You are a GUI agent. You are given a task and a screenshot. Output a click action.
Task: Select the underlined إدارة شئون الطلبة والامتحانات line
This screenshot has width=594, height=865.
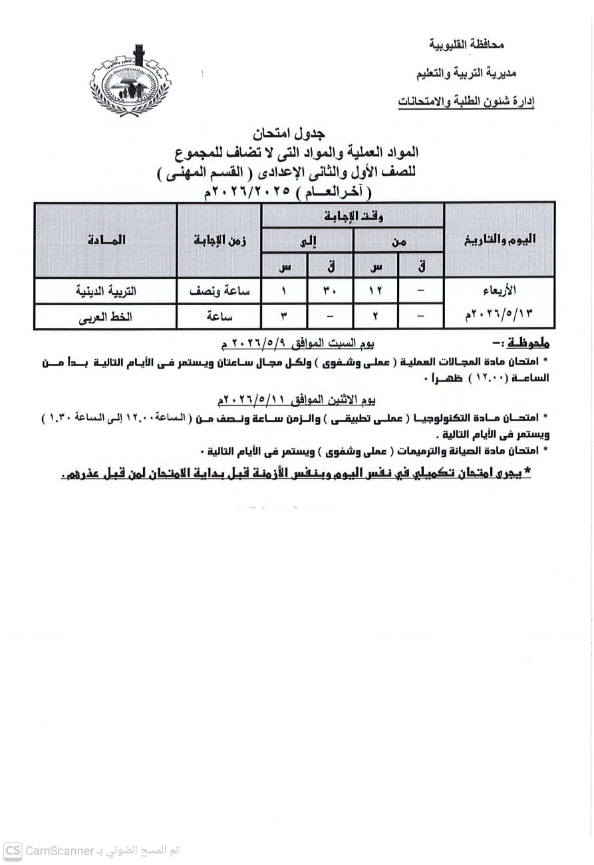[466, 102]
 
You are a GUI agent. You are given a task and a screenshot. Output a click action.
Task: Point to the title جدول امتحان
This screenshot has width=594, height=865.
[296, 134]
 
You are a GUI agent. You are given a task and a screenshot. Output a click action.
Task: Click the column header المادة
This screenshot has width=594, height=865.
[106, 240]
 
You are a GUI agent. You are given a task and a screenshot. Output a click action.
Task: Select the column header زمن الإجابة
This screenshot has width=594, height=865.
[220, 240]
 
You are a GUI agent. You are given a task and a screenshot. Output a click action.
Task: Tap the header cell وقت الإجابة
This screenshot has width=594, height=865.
[353, 216]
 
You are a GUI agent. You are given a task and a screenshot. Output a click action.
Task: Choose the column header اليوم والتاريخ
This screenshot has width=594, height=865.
[500, 240]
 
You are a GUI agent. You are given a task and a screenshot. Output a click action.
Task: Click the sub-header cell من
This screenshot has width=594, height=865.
[398, 242]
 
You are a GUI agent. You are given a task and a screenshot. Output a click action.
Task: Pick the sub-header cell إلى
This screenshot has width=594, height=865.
[307, 242]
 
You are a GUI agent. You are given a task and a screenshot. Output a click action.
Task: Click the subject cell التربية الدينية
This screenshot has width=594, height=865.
[106, 290]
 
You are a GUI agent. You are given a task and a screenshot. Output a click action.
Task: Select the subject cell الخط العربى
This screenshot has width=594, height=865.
[106, 316]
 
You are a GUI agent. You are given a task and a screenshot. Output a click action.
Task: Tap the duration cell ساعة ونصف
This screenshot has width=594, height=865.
[220, 290]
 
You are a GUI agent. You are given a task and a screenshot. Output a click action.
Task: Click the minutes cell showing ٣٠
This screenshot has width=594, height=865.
[330, 290]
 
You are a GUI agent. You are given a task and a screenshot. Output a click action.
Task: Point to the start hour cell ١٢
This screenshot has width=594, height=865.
[376, 290]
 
